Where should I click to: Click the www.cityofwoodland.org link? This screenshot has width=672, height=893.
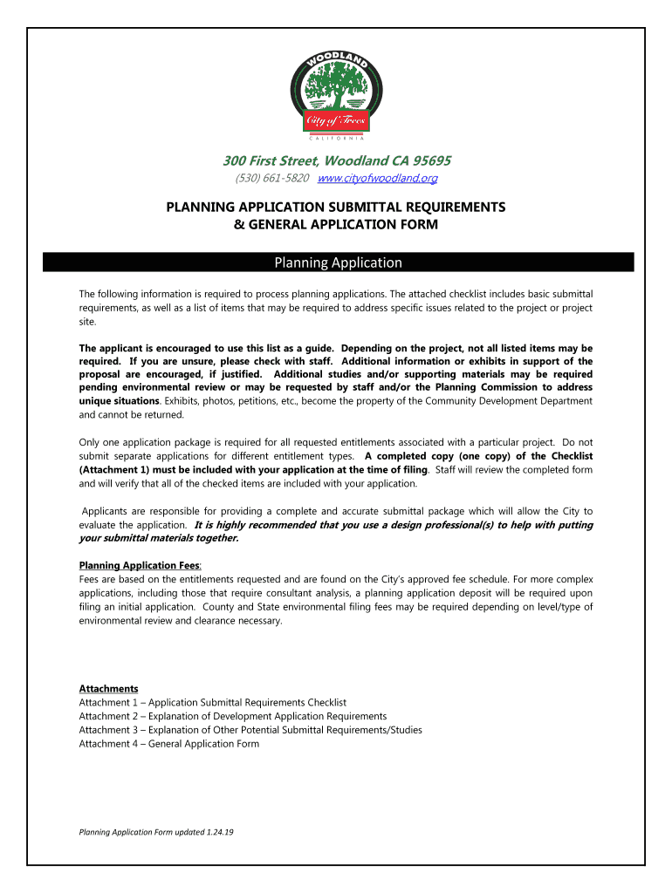[x=377, y=179]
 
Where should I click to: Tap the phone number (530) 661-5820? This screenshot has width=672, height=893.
[x=272, y=179]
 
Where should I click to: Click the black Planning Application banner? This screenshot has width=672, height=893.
[x=339, y=262]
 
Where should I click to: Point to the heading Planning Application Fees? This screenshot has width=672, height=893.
[x=140, y=565]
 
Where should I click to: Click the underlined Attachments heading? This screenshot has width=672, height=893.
[x=108, y=688]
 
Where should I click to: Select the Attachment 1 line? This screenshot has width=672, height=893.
[x=212, y=702]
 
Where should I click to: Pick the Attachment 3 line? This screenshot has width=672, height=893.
[x=250, y=730]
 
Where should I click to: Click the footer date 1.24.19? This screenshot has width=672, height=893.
[x=220, y=832]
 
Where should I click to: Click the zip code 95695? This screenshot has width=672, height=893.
[x=427, y=160]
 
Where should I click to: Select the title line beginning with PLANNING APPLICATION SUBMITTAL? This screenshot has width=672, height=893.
[x=336, y=208]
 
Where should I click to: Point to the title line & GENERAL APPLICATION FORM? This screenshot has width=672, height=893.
[x=336, y=224]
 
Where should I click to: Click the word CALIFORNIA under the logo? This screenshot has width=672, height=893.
[x=337, y=138]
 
